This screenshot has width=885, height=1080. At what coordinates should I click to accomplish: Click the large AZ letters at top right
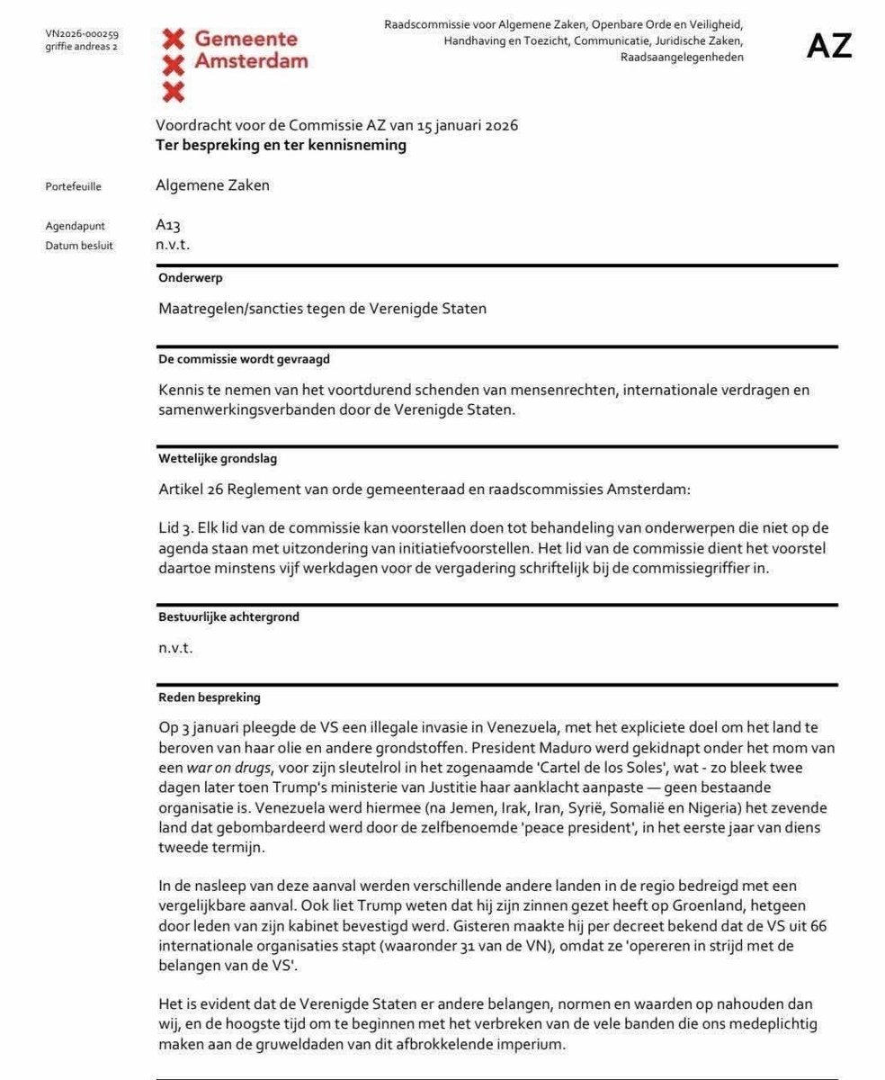(x=828, y=46)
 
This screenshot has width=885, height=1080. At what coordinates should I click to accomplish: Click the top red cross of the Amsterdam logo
(x=174, y=39)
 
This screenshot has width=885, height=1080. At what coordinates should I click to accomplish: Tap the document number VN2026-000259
(x=81, y=34)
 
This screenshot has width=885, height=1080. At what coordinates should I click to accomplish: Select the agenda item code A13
(x=168, y=226)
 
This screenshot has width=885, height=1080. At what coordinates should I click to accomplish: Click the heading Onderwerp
(x=191, y=279)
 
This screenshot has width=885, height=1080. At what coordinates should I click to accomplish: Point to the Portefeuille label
(x=73, y=187)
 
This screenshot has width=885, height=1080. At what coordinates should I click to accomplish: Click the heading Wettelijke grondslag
(x=218, y=459)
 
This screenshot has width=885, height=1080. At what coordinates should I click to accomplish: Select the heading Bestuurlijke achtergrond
(x=228, y=617)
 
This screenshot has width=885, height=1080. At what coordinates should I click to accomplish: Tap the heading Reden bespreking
(x=210, y=697)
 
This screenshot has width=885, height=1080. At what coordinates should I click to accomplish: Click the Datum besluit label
(x=79, y=246)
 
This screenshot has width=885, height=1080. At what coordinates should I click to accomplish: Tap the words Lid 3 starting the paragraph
(x=174, y=527)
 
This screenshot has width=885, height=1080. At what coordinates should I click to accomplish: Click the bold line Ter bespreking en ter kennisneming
(x=281, y=145)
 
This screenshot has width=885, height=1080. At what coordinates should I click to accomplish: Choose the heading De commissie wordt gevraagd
(x=245, y=359)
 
